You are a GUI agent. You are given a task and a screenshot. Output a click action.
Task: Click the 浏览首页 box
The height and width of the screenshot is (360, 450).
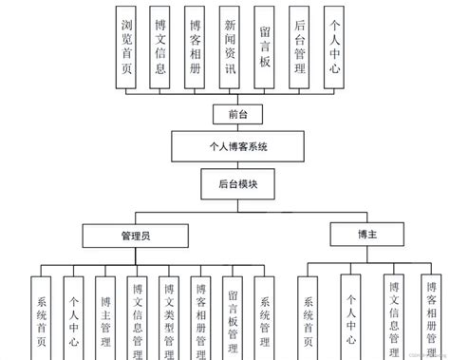tap(127, 48)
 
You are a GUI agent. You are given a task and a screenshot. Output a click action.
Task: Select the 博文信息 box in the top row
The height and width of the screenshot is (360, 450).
tap(160, 48)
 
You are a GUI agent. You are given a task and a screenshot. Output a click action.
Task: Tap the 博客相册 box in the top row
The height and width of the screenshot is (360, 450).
tap(195, 48)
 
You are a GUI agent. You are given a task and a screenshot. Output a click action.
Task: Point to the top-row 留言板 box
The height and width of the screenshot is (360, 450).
tap(265, 48)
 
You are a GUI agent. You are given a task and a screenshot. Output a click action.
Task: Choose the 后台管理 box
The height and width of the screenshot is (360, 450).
tap(300, 48)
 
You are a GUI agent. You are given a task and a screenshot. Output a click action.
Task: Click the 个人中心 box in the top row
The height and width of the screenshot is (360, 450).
tap(333, 48)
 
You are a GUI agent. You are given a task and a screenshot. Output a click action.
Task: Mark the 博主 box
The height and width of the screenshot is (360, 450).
tap(366, 233)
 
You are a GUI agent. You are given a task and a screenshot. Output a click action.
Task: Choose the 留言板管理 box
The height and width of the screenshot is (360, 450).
tap(234, 318)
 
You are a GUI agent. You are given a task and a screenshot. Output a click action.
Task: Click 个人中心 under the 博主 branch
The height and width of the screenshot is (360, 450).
tap(351, 318)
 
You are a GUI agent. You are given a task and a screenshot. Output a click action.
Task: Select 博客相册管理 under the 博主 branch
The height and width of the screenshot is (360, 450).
tap(432, 318)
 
